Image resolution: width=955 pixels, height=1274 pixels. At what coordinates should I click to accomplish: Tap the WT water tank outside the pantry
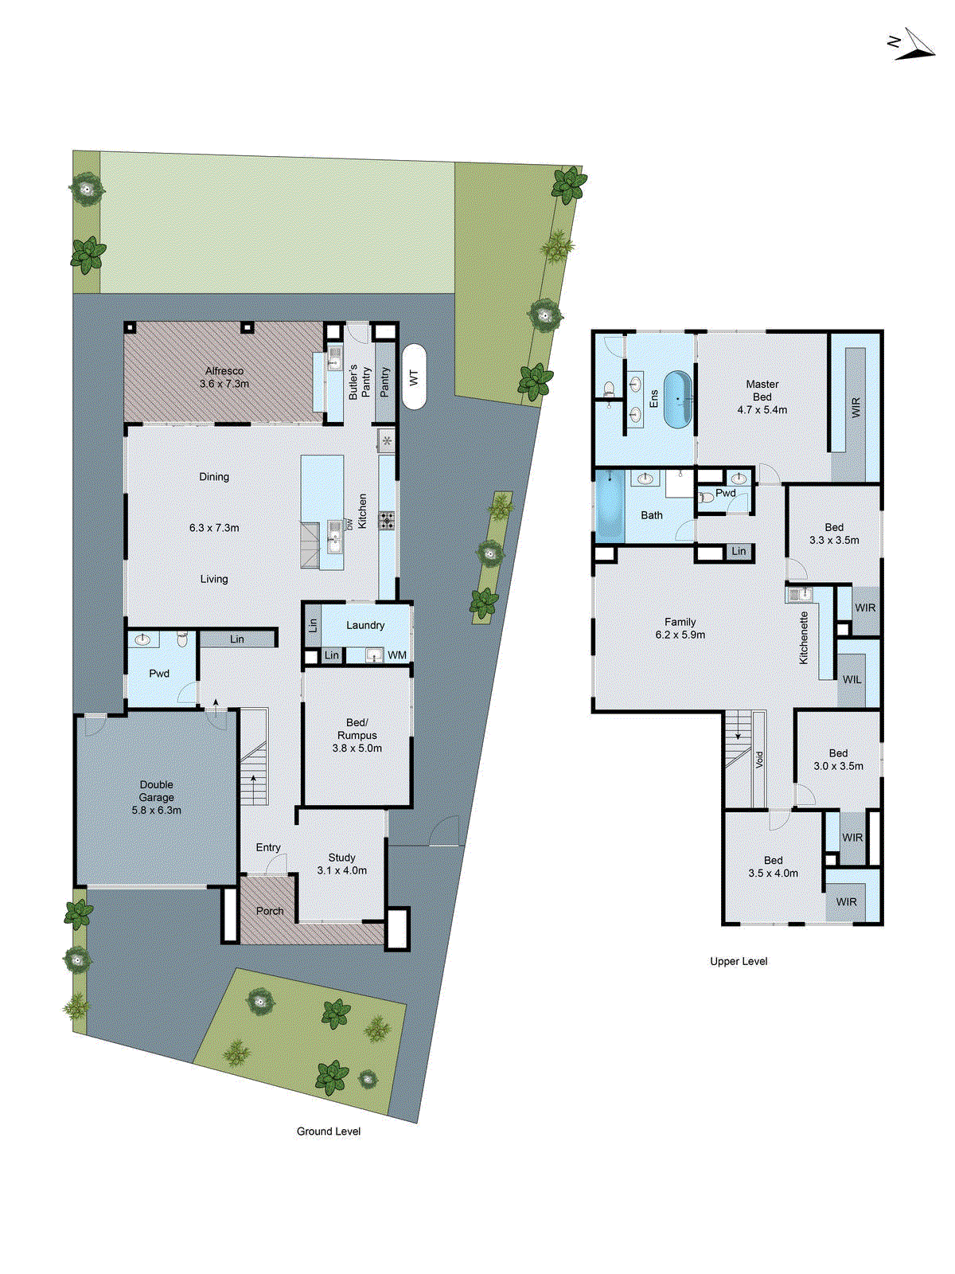coord(414,377)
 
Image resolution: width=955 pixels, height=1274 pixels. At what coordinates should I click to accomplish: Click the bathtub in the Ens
coord(678,399)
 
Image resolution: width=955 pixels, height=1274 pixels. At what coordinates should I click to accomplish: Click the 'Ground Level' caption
coord(329,1131)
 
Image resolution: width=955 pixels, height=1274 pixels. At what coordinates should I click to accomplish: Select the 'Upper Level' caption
coord(739,961)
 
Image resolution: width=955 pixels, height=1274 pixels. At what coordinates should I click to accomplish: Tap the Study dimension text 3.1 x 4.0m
coord(342,870)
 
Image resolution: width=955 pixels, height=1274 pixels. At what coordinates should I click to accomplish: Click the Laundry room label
coord(365,625)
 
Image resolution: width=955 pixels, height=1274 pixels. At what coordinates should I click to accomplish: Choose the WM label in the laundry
coord(397,655)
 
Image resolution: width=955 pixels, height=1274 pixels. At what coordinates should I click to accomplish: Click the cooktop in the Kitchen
coord(387,521)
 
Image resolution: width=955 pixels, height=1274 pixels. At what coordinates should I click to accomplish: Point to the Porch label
coord(270,911)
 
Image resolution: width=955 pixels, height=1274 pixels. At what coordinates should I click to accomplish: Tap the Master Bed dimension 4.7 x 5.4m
coord(762,410)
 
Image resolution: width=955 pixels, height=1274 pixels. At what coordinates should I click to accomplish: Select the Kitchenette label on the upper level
coord(804,637)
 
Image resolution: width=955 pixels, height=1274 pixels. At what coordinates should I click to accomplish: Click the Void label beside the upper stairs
coord(759,760)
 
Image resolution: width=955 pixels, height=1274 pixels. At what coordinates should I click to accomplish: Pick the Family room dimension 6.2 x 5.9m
coord(680,635)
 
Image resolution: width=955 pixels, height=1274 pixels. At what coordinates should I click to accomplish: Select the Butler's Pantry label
coord(360,382)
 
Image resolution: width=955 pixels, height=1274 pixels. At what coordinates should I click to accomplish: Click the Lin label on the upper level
coord(739,551)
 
